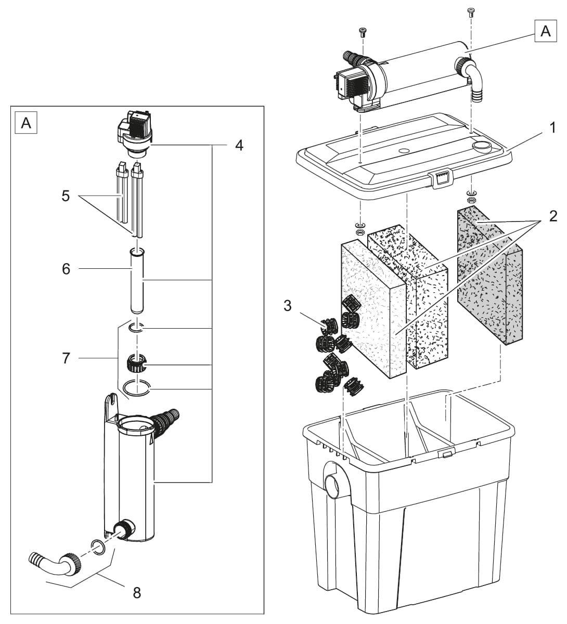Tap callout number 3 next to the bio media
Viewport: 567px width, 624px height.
[x=288, y=306]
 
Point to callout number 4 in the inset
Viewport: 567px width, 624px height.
[x=239, y=145]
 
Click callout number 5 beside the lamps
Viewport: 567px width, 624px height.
[x=66, y=196]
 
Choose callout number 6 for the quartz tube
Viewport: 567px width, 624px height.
[x=66, y=269]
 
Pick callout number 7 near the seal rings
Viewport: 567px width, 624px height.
[x=66, y=358]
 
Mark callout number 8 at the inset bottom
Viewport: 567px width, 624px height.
[x=137, y=592]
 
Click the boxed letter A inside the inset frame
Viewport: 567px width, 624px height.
[x=26, y=123]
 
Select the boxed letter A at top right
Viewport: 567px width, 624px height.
[x=545, y=31]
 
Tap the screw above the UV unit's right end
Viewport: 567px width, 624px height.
[x=471, y=12]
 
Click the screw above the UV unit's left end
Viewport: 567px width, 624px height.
[x=362, y=32]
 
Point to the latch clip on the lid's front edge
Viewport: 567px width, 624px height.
[x=441, y=179]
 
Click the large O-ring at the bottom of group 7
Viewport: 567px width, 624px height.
[x=137, y=387]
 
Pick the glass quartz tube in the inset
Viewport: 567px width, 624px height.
[x=137, y=281]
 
